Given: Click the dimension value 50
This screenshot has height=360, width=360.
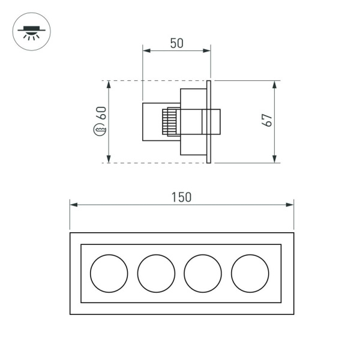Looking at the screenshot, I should coord(176,43).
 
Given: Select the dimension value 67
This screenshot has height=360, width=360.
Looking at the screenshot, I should coord(269,120).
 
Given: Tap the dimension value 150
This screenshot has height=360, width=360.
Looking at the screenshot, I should coord(181,197).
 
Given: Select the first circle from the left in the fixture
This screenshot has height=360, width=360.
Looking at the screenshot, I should coord(109,274).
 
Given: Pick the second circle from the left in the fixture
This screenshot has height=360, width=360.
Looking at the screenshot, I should coord(156,274).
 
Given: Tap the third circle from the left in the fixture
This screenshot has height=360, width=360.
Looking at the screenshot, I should coord(203,274).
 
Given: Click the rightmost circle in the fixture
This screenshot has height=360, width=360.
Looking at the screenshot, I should coord(250,274).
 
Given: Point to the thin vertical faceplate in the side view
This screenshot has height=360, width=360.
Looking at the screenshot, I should coord(209,122).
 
